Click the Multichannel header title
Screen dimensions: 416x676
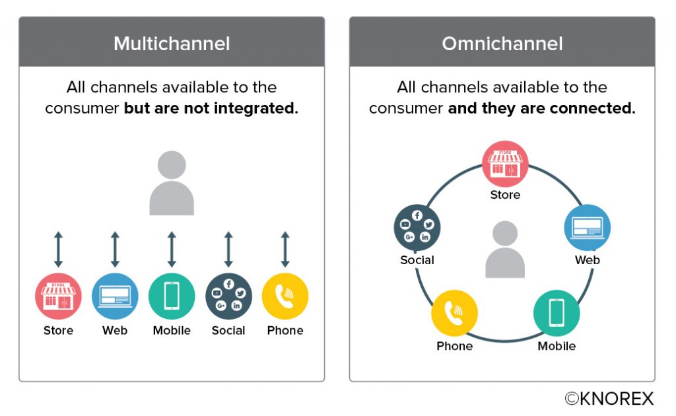(x=172, y=44)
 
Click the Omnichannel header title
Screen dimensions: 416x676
(x=502, y=44)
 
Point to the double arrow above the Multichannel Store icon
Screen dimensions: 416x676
(x=58, y=250)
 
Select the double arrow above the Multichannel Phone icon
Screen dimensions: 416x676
(x=285, y=250)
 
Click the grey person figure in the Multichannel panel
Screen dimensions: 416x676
(x=172, y=184)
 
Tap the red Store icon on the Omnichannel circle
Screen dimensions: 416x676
(x=505, y=164)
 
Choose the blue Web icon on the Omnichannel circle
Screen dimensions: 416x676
(x=587, y=228)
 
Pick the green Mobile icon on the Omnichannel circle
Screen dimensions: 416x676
(x=557, y=314)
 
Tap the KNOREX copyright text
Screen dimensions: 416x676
(x=609, y=398)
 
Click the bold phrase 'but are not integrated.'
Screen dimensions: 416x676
(x=211, y=108)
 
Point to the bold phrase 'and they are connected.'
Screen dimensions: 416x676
(x=541, y=108)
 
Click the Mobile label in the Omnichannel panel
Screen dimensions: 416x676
(x=557, y=346)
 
